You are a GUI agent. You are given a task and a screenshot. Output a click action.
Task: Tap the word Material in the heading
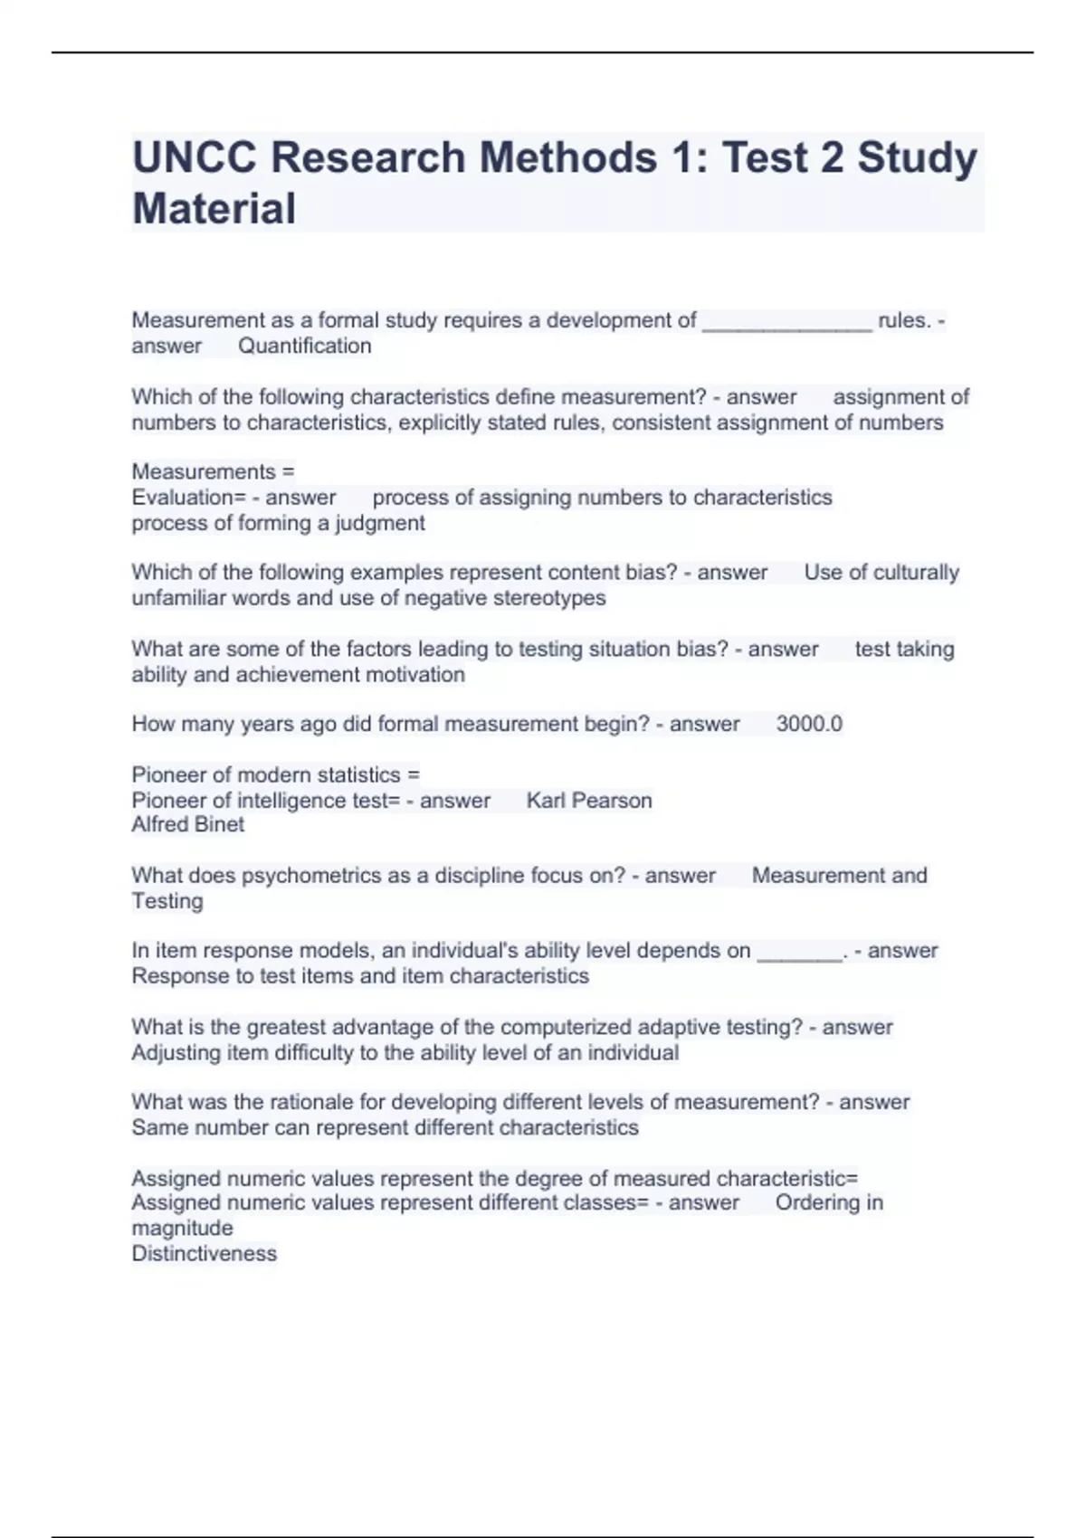pyautogui.click(x=214, y=209)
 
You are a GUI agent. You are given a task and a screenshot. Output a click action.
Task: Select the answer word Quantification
pyautogui.click(x=305, y=346)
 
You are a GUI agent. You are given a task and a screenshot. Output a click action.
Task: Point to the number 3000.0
pyautogui.click(x=809, y=724)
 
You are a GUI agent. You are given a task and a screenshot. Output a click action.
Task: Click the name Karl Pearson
pyautogui.click(x=589, y=801)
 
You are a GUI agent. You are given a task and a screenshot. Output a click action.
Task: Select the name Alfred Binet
pyautogui.click(x=188, y=824)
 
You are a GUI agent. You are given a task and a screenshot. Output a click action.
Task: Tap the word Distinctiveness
pyautogui.click(x=205, y=1253)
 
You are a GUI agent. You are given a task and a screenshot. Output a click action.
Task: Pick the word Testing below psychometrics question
pyautogui.click(x=167, y=901)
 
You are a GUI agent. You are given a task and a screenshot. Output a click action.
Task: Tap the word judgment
pyautogui.click(x=380, y=523)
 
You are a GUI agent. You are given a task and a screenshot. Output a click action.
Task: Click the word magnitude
pyautogui.click(x=182, y=1228)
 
